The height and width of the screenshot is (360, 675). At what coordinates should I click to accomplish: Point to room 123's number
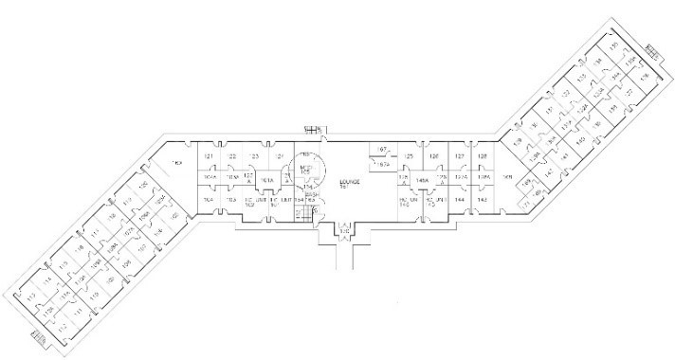254,157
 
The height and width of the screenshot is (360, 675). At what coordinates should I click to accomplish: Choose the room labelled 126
434,157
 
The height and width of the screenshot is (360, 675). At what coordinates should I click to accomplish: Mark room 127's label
459,157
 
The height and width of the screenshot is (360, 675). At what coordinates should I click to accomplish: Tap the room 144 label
459,201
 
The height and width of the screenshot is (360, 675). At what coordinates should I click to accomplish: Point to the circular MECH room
307,167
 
